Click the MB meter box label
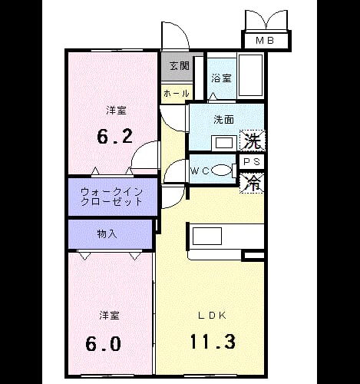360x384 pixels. coord(265,41)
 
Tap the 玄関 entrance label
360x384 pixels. coord(180,66)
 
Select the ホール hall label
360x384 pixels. coord(177,94)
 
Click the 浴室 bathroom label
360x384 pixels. coord(221,78)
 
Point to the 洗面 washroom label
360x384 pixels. coord(223,120)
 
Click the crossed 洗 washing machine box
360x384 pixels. coord(252,140)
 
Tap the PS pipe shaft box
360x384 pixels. coord(251,162)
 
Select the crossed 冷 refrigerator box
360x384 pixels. coord(252,183)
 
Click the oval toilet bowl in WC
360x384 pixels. coord(221,170)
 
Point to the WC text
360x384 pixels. coord(200,170)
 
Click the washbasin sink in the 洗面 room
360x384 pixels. coord(224,143)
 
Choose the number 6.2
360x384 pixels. coord(115,137)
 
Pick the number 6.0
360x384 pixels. coord(103,343)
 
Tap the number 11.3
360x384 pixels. coord(213,342)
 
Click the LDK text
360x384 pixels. coord(213,316)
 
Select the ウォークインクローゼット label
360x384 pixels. coord(111,197)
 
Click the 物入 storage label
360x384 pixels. coord(107,233)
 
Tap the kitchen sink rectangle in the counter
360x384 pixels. coord(207,236)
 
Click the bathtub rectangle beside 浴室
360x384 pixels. coord(250,75)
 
